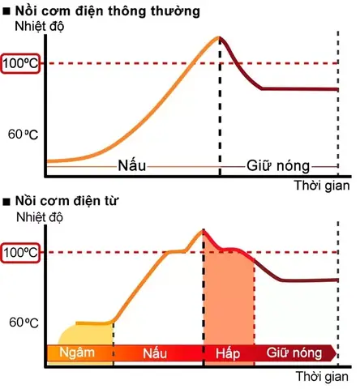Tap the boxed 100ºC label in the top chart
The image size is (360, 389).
19,63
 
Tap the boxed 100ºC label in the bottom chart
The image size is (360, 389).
19,252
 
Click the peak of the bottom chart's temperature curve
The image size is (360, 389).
202,230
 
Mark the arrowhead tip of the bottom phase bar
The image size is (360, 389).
339,353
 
